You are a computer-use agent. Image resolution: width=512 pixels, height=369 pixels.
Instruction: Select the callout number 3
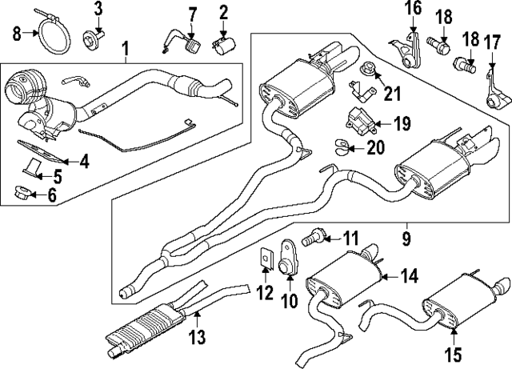click(98, 9)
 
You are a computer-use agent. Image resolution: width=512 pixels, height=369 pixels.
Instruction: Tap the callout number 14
click(409, 276)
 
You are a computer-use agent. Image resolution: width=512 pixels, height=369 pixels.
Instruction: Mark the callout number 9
click(406, 238)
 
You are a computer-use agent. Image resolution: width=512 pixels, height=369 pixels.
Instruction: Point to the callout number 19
click(402, 123)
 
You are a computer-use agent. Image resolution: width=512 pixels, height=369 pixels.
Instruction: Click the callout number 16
click(411, 9)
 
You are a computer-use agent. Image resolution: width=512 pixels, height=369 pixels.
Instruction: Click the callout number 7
click(191, 13)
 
